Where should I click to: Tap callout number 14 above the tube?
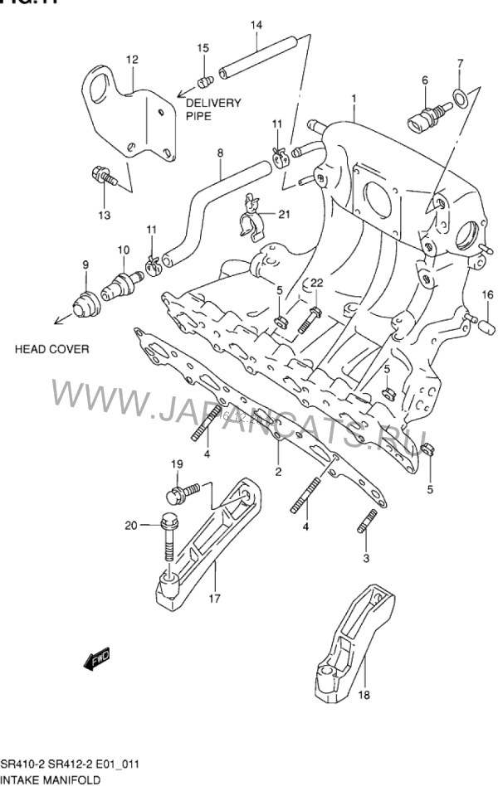(256, 26)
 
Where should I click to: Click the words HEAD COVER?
(51, 349)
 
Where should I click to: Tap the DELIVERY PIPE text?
(212, 109)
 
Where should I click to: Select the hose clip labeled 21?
(250, 221)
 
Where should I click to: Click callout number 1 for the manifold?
(354, 99)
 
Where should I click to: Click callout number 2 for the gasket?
(278, 472)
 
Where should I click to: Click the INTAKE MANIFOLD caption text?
(51, 779)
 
